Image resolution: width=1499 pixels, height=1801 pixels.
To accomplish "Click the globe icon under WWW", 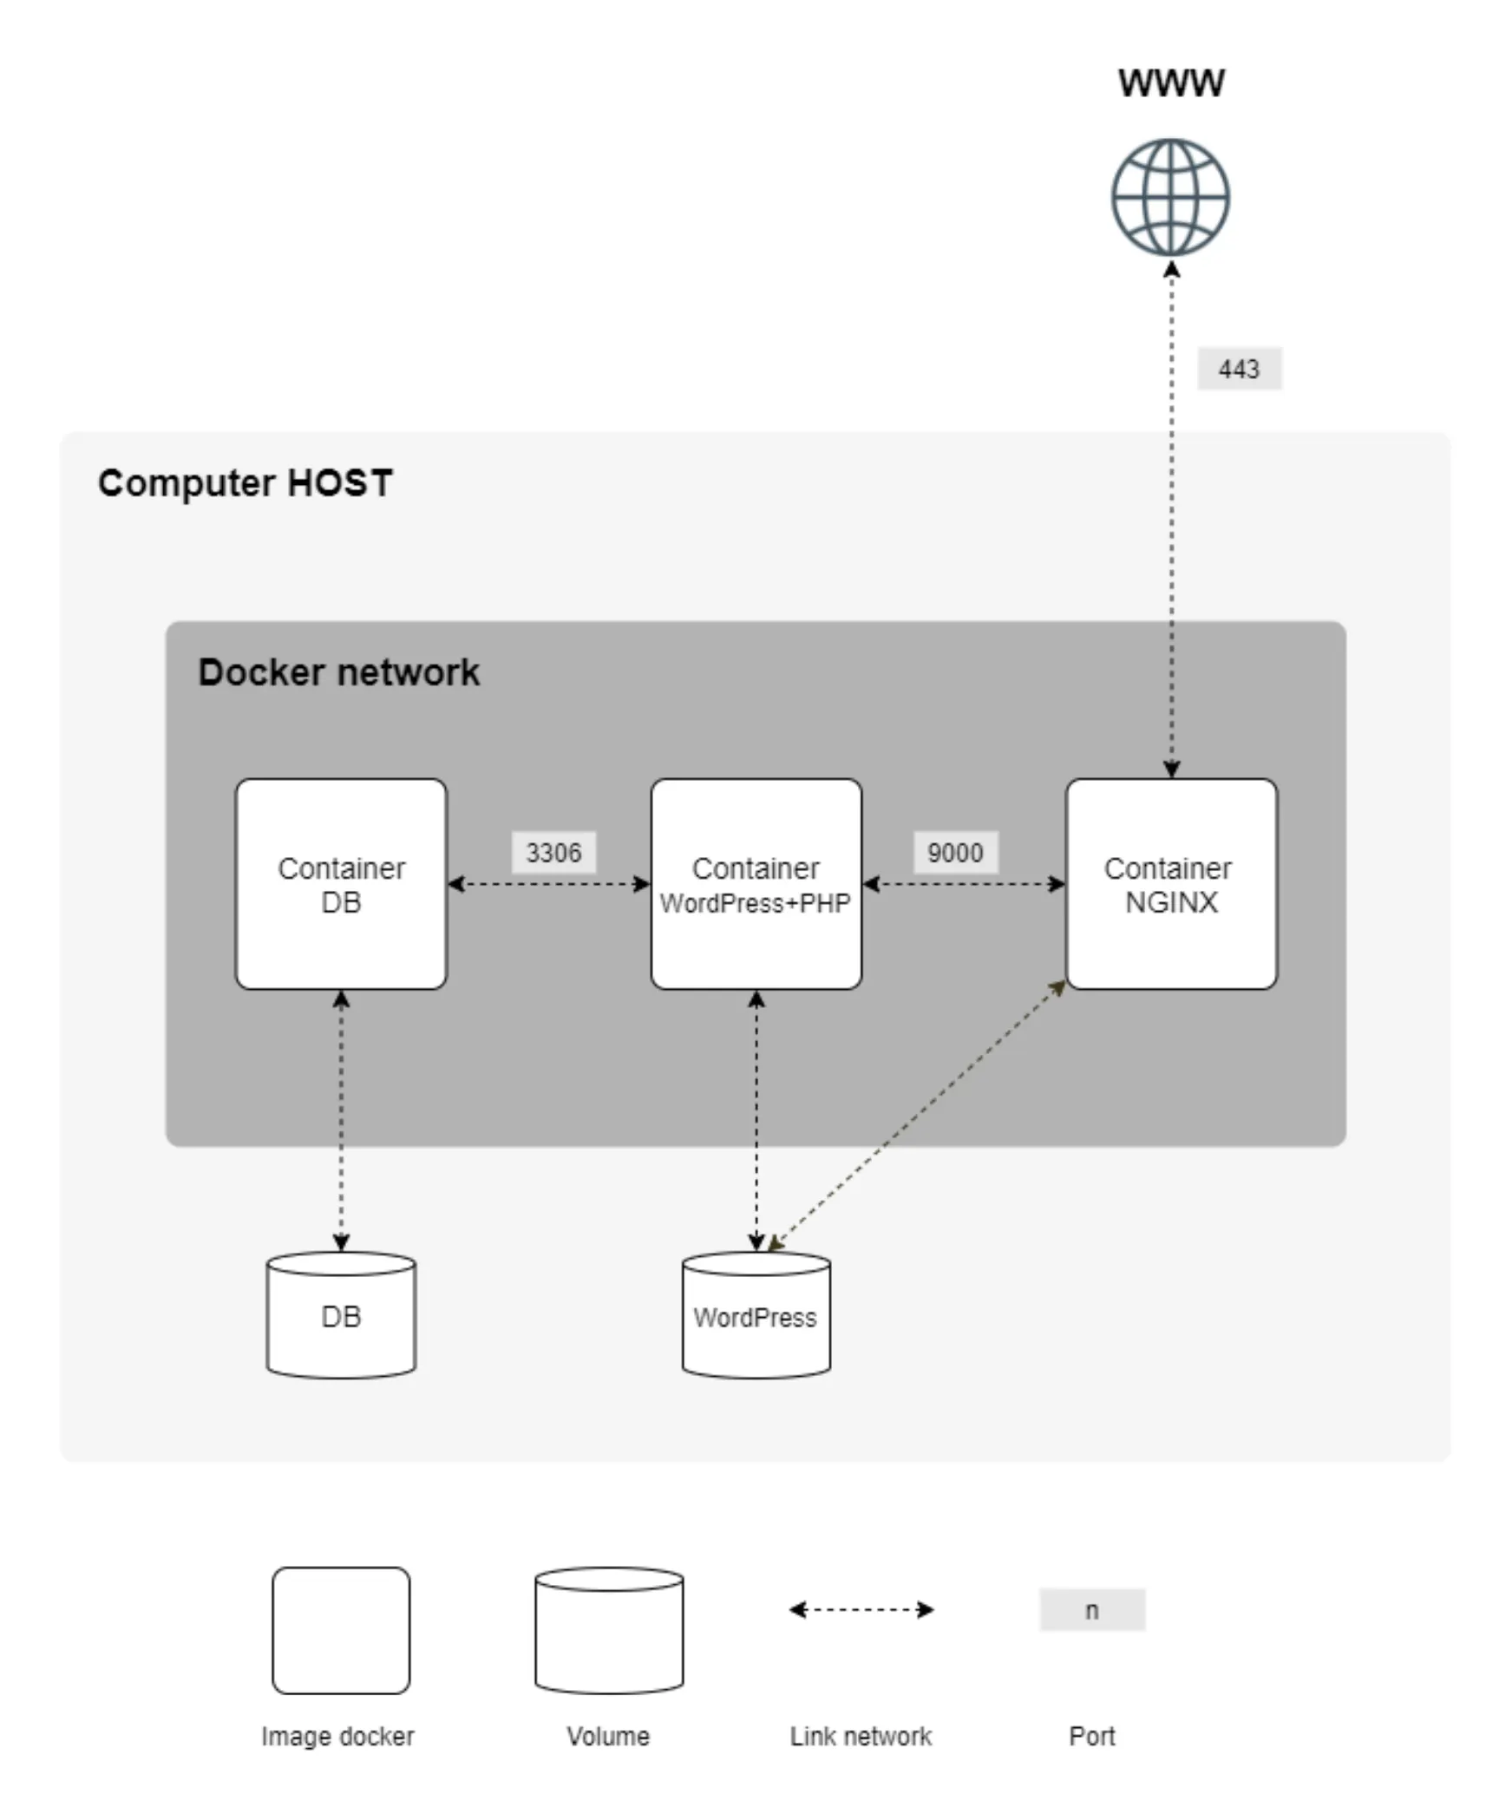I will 1170,198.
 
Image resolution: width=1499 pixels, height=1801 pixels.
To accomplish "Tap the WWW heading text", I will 1170,83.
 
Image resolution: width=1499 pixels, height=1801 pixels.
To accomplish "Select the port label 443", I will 1239,370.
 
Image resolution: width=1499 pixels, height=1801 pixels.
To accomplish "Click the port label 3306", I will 553,853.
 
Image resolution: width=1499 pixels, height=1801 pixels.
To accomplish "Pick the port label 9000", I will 955,853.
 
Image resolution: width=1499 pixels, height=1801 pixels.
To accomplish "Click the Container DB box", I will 341,884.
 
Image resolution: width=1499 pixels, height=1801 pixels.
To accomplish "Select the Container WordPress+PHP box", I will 756,884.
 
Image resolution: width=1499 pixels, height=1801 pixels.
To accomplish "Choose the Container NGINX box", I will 1171,884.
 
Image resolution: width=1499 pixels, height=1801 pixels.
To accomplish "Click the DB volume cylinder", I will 341,1315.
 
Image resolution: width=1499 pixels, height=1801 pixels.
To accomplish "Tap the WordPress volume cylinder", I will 756,1315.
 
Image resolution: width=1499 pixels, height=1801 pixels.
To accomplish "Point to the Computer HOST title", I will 245,483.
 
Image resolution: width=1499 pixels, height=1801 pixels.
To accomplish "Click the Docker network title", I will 338,672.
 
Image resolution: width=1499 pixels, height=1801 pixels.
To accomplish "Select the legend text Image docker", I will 337,1736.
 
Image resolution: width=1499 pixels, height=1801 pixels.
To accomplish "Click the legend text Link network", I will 861,1736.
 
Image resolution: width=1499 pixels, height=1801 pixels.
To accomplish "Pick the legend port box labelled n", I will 1092,1610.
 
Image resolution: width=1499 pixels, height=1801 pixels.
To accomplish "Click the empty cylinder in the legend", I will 609,1631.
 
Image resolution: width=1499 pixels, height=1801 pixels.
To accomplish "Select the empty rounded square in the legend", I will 341,1631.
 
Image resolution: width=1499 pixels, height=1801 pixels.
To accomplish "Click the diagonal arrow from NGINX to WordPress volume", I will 917,1117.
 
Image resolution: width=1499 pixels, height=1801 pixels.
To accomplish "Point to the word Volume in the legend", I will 608,1736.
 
